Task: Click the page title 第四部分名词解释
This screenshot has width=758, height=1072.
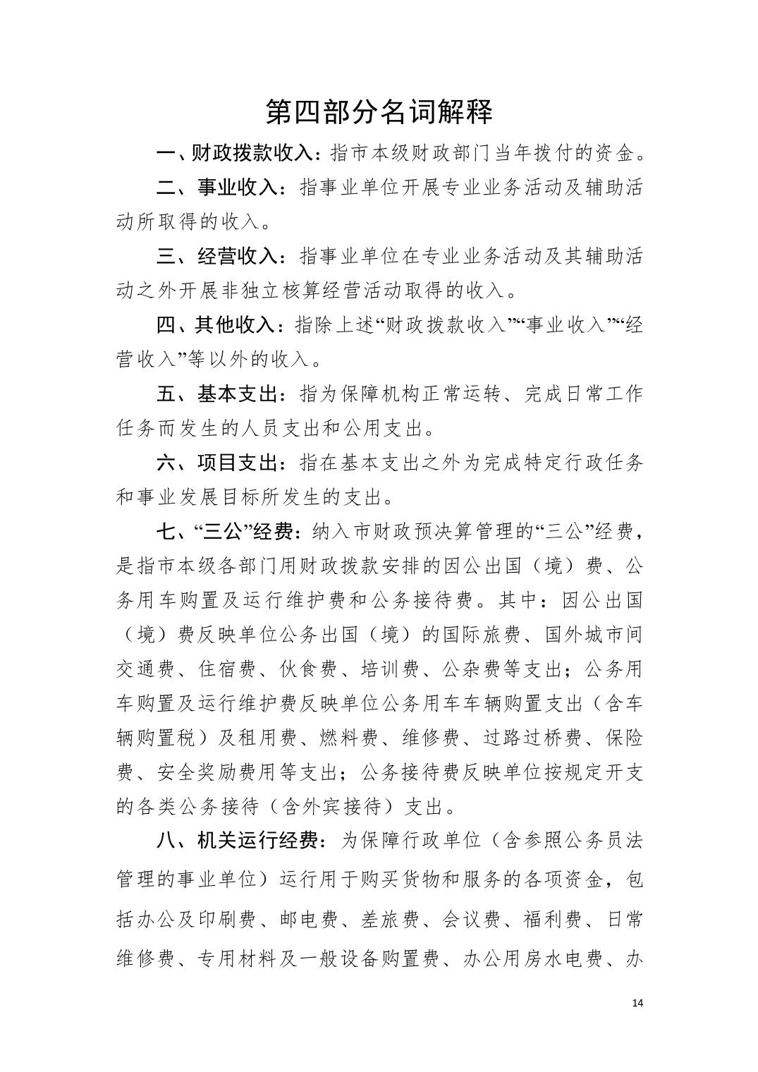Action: [379, 111]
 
